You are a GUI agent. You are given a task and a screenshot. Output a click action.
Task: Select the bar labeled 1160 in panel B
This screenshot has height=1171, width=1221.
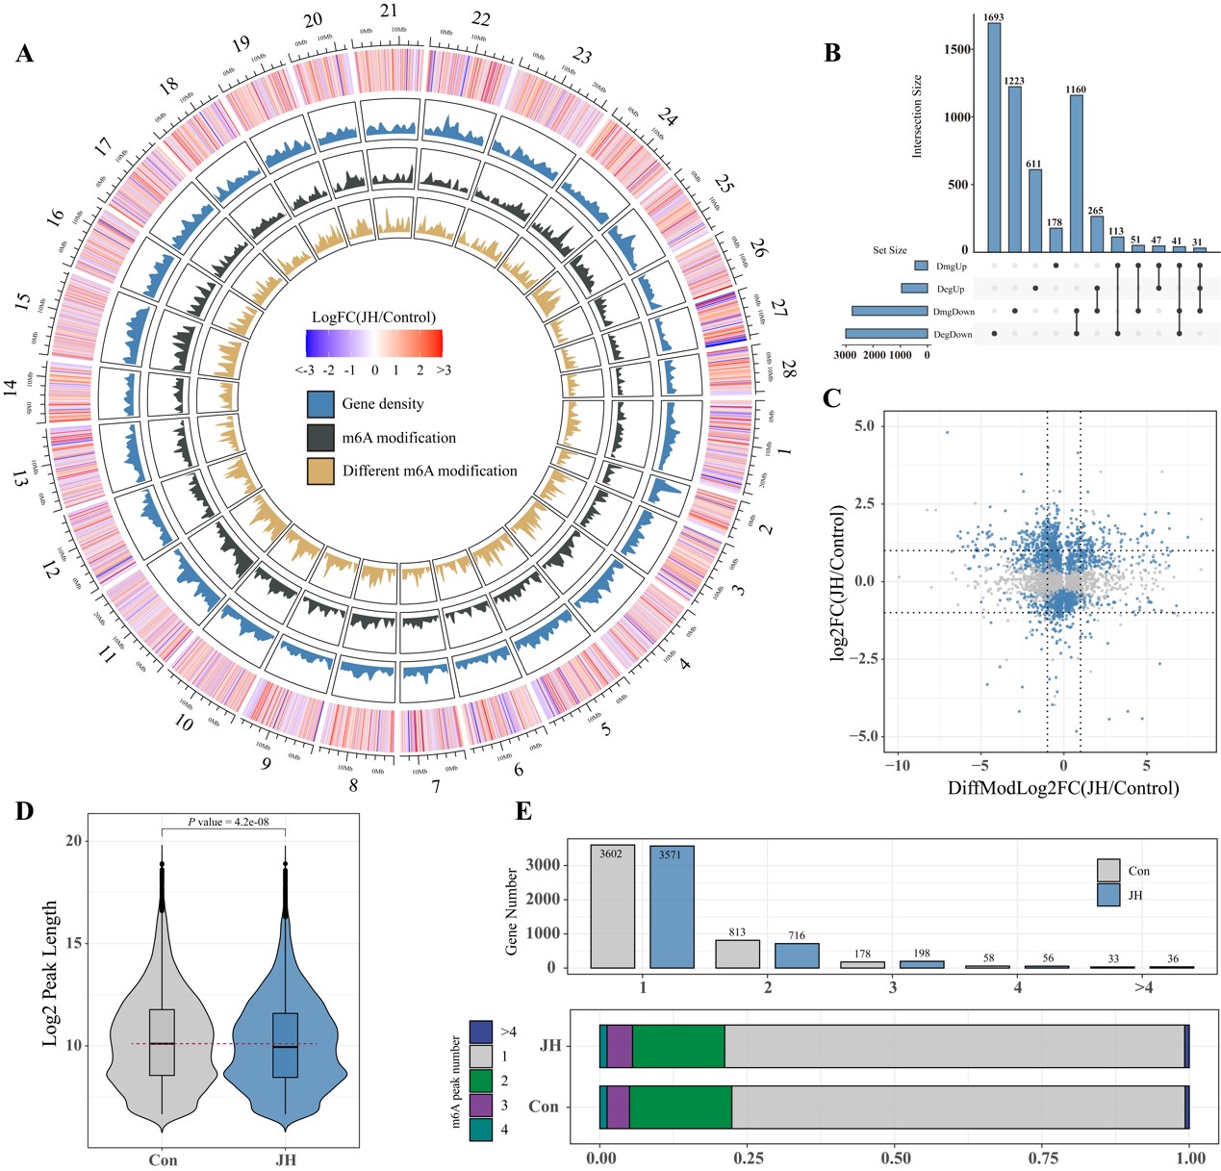tap(1076, 172)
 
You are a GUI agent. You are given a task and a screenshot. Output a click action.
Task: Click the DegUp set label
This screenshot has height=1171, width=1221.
tap(951, 289)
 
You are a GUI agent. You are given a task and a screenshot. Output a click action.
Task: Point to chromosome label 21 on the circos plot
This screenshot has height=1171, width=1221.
tap(388, 12)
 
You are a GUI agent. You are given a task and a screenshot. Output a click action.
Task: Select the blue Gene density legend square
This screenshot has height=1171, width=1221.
tap(320, 404)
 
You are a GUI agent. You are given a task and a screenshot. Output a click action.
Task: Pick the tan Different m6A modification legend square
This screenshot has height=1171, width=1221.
tap(320, 471)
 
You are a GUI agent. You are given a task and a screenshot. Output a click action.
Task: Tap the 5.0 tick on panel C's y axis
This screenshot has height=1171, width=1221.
tap(864, 425)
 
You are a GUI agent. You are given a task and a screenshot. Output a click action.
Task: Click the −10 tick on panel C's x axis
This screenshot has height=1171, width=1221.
tap(897, 766)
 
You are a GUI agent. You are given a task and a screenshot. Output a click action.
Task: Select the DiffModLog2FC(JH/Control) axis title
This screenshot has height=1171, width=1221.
tap(1062, 788)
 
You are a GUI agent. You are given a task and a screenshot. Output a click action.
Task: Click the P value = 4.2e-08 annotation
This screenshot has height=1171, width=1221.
tap(223, 822)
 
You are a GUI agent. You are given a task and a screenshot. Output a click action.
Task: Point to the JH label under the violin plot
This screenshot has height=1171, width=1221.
tap(286, 1159)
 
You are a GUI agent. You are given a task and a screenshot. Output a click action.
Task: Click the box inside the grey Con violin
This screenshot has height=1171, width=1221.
tap(162, 1042)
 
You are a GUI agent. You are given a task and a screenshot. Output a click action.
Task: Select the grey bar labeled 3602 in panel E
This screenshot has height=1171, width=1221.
tap(613, 906)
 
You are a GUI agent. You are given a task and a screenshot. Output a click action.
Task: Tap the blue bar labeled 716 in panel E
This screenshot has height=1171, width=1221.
tap(797, 955)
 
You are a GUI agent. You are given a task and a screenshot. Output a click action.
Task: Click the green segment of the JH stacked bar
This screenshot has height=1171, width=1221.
tap(678, 1046)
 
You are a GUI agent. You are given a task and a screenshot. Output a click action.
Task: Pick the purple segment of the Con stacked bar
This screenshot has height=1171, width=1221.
tap(618, 1107)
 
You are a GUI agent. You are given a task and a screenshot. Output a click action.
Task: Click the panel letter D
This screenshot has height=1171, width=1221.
tap(23, 812)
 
